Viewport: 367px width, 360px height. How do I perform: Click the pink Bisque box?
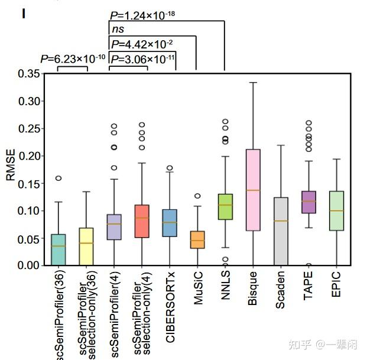(x=253, y=189)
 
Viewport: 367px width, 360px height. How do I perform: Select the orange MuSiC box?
(x=197, y=239)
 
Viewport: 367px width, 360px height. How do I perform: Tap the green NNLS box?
(x=225, y=207)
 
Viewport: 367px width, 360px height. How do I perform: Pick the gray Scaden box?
(x=281, y=231)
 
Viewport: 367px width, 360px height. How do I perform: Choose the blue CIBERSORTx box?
(x=170, y=223)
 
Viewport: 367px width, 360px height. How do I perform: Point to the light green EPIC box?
(x=336, y=210)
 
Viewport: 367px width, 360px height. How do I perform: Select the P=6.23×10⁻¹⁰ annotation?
(x=73, y=58)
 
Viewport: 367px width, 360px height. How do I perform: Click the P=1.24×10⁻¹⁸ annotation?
(x=143, y=14)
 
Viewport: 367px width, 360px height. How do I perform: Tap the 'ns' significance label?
(x=118, y=28)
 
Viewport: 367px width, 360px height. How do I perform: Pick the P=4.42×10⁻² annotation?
(x=141, y=43)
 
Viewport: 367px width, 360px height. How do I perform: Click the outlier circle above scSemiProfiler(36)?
(x=59, y=178)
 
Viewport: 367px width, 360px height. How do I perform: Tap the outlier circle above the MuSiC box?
(x=197, y=196)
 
